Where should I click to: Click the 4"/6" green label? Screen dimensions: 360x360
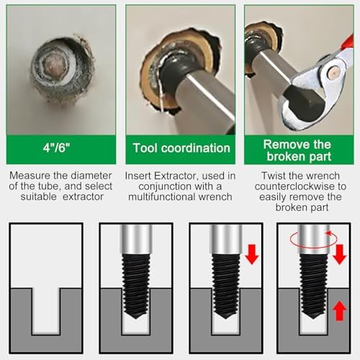coord(56,148)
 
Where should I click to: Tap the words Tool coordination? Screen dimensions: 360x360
coord(181,148)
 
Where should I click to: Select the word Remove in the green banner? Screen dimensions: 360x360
coord(284,145)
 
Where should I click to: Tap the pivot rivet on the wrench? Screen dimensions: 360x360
coord(334,72)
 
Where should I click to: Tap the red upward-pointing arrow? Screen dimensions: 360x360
coord(340,311)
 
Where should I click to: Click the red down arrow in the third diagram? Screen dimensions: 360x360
coord(252,254)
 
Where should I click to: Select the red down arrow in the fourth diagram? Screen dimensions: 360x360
coord(340,254)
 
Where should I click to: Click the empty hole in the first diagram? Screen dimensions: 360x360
coord(45,311)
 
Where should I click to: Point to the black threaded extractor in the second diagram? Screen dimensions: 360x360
coord(136,286)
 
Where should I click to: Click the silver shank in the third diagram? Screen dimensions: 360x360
coord(225,239)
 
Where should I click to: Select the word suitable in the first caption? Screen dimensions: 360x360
coord(39,197)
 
